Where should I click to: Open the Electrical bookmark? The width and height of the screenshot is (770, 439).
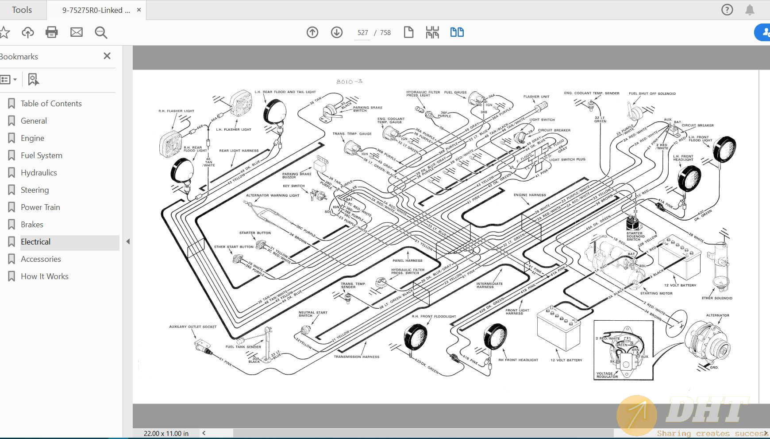tap(36, 242)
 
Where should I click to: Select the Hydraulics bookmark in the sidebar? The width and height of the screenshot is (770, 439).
tap(39, 173)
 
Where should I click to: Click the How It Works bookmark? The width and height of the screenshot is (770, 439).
tap(44, 276)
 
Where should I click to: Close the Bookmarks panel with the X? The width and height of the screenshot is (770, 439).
tap(107, 56)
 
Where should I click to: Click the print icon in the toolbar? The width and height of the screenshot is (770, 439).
tap(52, 32)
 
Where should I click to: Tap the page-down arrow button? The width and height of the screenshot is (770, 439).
tap(337, 32)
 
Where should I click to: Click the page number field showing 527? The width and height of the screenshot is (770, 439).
tap(362, 33)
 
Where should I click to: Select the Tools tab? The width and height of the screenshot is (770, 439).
tap(22, 10)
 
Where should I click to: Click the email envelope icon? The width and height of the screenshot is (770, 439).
tap(77, 32)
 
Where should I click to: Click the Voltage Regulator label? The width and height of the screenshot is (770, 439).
tap(607, 375)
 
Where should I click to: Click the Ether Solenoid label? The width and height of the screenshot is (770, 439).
tap(717, 298)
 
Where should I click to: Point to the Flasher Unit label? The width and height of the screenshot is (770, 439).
tap(536, 97)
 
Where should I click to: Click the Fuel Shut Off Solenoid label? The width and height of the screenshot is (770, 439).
tap(652, 93)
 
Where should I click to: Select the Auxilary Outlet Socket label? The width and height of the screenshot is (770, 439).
tap(192, 327)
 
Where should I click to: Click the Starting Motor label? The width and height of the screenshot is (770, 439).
tap(656, 293)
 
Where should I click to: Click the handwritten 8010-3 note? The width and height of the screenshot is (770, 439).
tap(349, 82)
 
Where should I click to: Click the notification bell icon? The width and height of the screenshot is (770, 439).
tap(750, 10)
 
